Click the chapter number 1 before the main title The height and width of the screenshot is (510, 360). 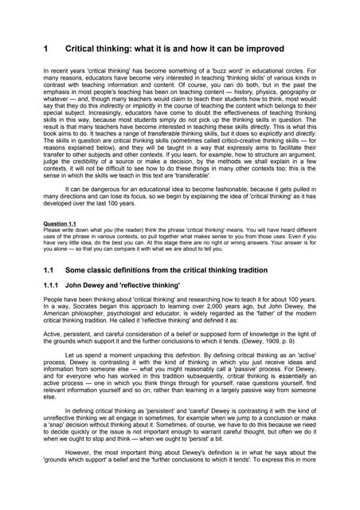[46, 49]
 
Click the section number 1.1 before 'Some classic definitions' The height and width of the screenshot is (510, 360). [49, 293]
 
